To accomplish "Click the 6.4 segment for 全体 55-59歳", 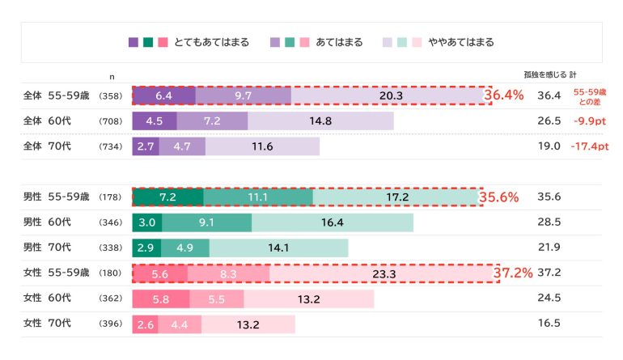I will [x=163, y=95].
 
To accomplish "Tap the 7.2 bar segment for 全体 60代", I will [x=212, y=121].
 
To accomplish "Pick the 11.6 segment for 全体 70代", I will [x=262, y=146].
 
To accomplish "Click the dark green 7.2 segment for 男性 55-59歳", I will [x=167, y=197].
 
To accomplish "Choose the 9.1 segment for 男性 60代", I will [x=206, y=222].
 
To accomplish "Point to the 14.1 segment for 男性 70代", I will [x=278, y=248].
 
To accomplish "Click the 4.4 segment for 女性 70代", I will [x=180, y=324].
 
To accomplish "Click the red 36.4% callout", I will [x=504, y=95].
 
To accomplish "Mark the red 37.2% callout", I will [x=513, y=274].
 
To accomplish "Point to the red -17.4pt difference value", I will [x=589, y=146].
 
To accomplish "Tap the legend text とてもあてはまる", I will [x=211, y=42].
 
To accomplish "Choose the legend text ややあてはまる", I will [x=460, y=42].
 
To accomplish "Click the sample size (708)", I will [x=110, y=121].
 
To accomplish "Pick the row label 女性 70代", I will [x=47, y=324].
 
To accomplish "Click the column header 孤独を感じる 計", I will [x=550, y=74].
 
